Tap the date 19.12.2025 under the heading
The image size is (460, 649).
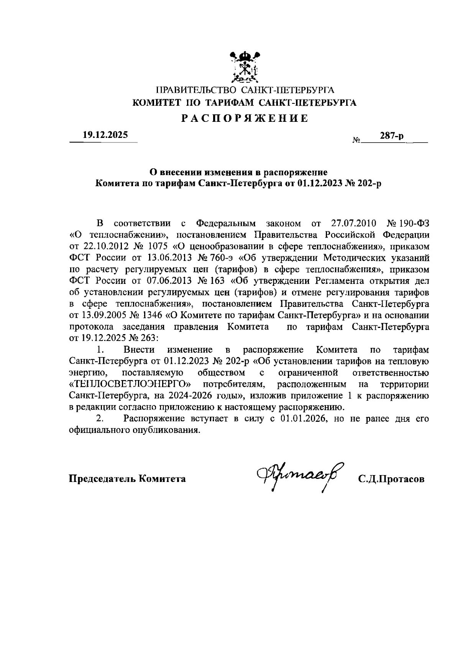(x=106, y=135)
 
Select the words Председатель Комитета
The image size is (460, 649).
(x=127, y=479)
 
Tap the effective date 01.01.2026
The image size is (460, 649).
(x=304, y=419)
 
